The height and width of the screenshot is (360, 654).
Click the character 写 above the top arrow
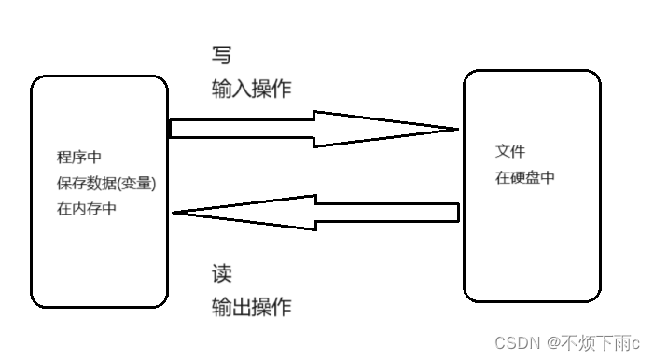[x=222, y=55]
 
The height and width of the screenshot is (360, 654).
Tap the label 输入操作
[x=252, y=89]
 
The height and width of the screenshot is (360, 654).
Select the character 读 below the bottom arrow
[x=222, y=273]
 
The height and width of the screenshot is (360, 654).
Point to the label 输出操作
[x=252, y=307]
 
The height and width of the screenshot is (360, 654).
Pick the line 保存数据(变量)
[x=106, y=183]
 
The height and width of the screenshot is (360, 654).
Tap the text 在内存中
[x=87, y=209]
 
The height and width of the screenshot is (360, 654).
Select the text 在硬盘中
[x=525, y=177]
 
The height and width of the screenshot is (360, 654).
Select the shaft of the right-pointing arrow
[x=243, y=129]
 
